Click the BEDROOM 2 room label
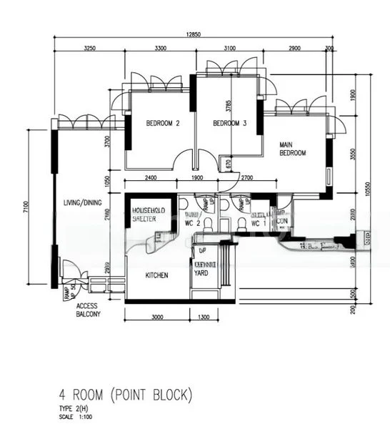tap(162, 123)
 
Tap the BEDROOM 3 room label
tap(229, 123)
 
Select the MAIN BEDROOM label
tap(292, 149)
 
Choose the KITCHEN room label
tap(157, 274)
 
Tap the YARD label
tap(201, 272)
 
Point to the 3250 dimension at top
tap(90, 48)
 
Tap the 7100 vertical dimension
tap(26, 207)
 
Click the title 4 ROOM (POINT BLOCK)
tap(126, 394)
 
